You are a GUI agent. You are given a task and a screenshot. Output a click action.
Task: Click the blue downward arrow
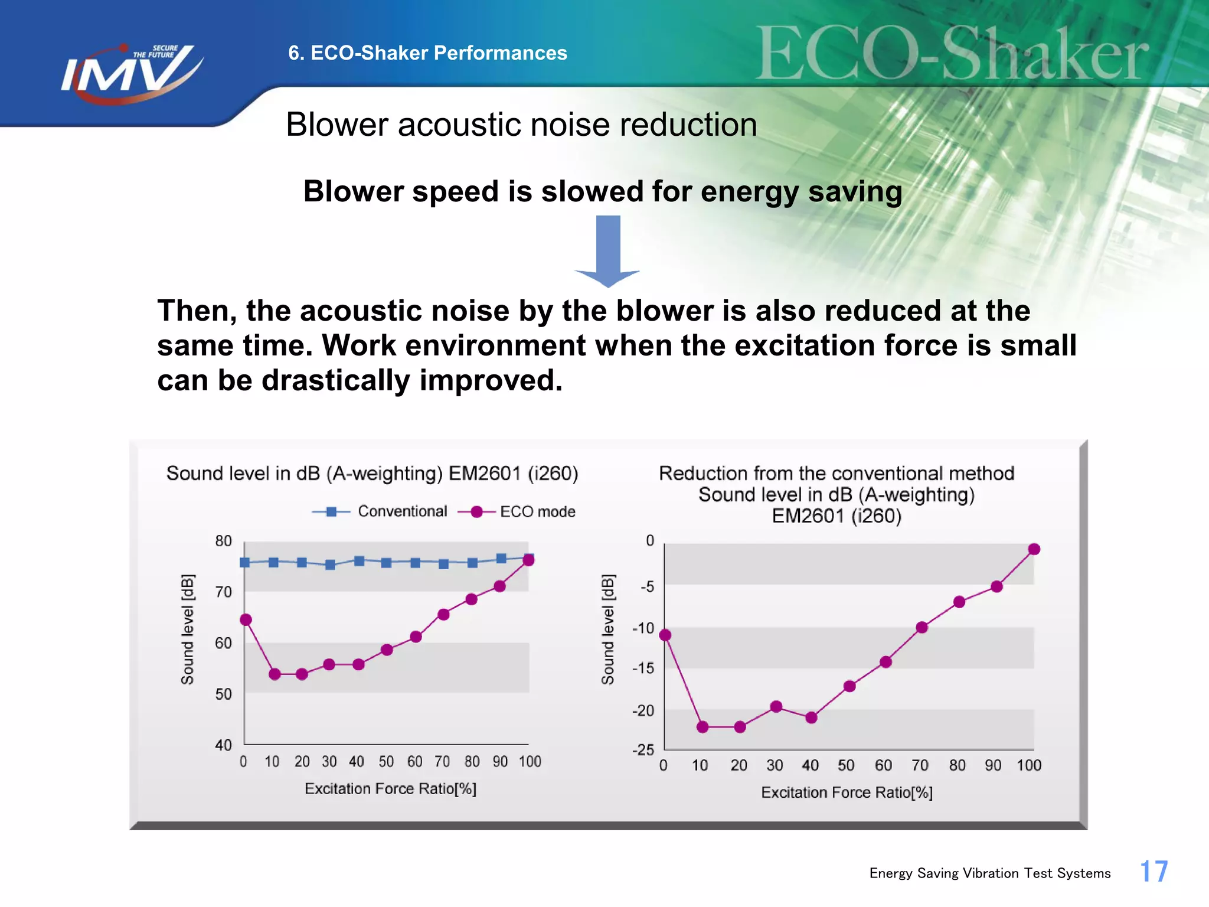coord(608,251)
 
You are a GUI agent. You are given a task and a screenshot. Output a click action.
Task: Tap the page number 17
coord(1154,872)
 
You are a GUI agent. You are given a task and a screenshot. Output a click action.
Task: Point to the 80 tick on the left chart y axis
coord(224,541)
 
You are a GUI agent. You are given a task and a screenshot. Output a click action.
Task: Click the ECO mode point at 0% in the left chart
coord(246,619)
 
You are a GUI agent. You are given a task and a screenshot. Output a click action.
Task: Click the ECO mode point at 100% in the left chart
coord(529,560)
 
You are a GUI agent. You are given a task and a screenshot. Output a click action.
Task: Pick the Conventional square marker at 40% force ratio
coord(359,560)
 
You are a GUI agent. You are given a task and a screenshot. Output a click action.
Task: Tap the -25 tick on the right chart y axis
coord(643,750)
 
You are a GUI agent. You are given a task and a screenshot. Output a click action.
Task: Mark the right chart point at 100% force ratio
coord(1034,549)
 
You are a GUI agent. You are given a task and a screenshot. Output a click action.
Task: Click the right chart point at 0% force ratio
coord(665,635)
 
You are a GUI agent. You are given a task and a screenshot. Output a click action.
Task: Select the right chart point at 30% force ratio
coord(776,707)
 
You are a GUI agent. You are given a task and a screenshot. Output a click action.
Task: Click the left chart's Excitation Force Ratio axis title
coord(390,789)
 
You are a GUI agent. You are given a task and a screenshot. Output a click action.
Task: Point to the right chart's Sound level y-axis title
coord(607,629)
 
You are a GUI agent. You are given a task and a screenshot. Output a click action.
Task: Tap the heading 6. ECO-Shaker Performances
coord(427,53)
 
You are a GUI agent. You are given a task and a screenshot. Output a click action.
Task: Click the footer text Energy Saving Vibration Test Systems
coord(989,873)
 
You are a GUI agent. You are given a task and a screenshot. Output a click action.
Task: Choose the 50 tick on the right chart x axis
coord(846,765)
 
